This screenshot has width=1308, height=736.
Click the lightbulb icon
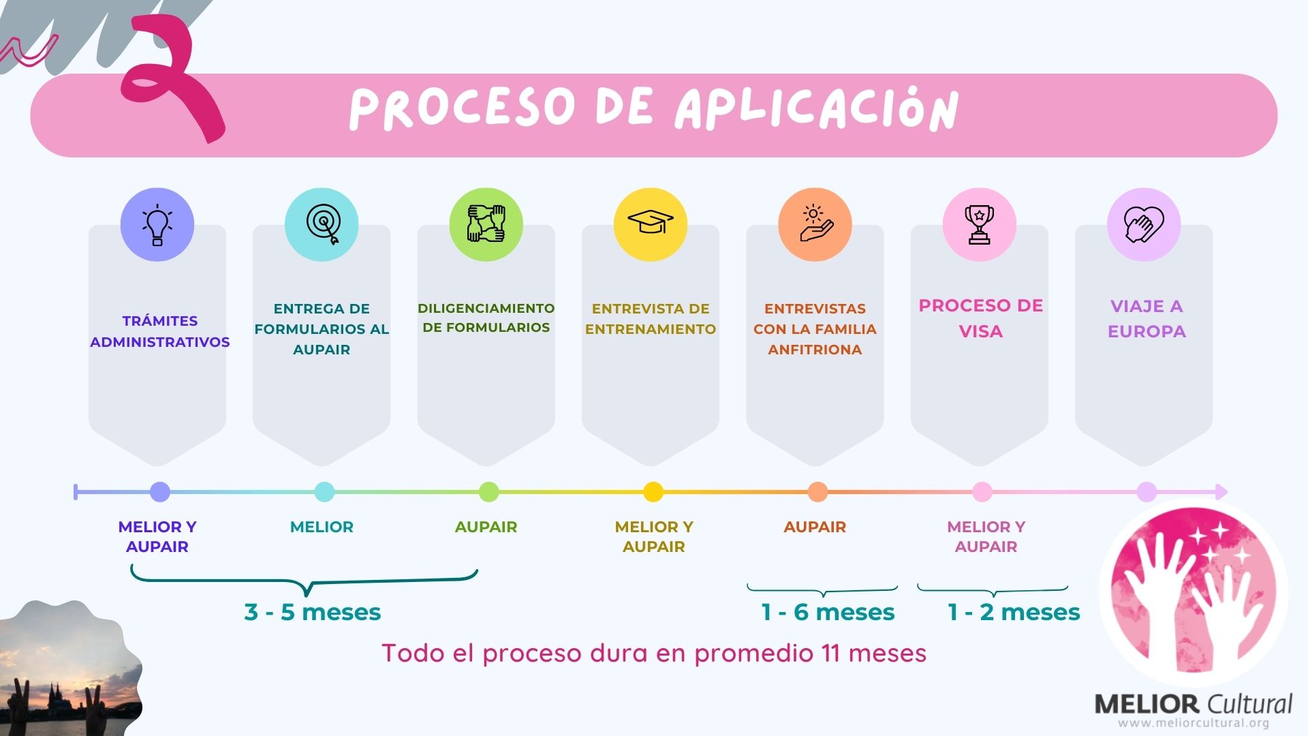click(157, 225)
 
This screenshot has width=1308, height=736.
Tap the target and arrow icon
click(322, 225)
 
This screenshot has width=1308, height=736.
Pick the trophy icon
click(979, 225)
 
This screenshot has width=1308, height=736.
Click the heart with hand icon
click(1144, 225)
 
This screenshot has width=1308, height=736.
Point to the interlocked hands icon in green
click(486, 224)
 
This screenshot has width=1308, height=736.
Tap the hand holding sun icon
click(815, 224)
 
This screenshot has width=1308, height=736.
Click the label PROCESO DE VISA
click(980, 318)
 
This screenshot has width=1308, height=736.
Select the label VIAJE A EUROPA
click(1147, 318)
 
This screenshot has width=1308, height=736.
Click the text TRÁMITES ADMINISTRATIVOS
click(159, 331)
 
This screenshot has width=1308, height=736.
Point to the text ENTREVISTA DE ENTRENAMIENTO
click(651, 318)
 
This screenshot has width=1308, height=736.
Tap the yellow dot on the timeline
click(653, 491)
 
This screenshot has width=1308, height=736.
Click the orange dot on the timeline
click(817, 491)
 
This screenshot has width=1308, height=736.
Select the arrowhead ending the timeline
click(1221, 491)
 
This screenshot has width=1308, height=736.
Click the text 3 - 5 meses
click(313, 612)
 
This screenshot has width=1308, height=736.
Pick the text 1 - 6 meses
click(828, 612)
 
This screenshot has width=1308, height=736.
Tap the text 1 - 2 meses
click(1014, 612)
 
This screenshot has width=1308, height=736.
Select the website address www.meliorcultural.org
click(1194, 723)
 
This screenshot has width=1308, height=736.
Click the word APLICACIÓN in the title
click(816, 109)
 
